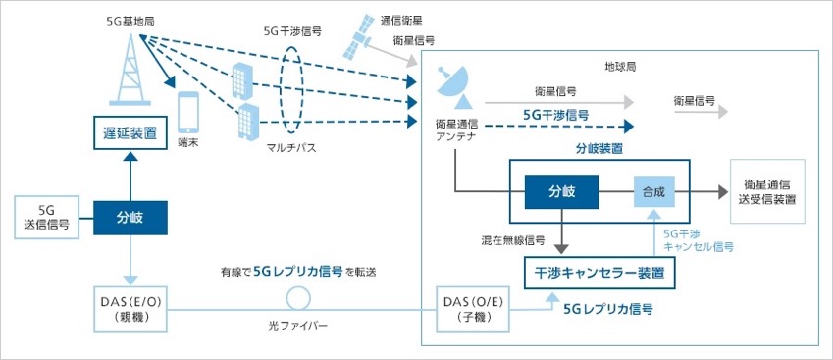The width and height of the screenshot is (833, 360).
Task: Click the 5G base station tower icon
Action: [130, 71]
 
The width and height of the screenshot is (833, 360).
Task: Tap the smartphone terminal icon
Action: [188, 112]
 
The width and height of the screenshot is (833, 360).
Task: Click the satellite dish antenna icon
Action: [453, 85]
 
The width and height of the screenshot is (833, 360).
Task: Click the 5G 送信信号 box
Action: [47, 218]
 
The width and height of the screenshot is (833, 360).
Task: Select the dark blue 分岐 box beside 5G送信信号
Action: [130, 218]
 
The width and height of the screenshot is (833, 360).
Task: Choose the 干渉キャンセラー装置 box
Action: [600, 273]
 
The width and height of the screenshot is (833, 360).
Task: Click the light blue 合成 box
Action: [654, 191]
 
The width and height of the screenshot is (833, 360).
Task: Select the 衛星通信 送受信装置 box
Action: [767, 191]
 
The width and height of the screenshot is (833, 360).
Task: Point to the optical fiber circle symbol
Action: [298, 299]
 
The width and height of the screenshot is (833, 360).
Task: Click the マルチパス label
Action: [291, 147]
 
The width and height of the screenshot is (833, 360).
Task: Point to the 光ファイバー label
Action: [298, 325]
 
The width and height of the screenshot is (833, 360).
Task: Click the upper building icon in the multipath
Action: [240, 82]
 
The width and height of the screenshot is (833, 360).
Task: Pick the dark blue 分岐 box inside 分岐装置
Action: [561, 191]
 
